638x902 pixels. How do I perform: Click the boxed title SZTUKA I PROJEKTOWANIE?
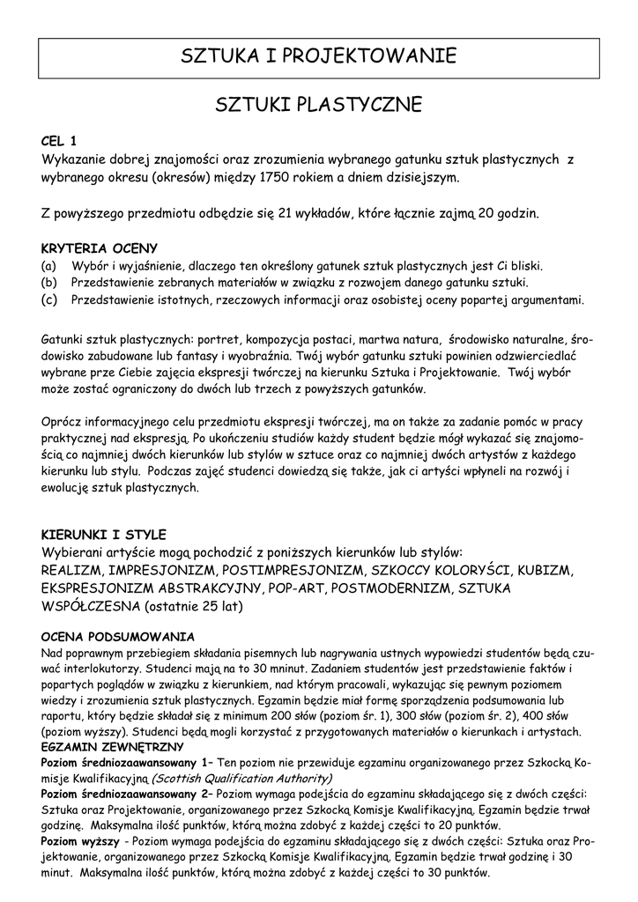point(318,57)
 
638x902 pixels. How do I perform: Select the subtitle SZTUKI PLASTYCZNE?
point(318,107)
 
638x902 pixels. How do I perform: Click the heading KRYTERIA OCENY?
point(100,248)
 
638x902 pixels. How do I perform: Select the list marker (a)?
point(49,265)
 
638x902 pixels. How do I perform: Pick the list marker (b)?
point(49,283)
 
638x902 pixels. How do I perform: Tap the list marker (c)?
point(49,299)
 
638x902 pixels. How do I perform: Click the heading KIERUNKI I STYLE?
point(104,535)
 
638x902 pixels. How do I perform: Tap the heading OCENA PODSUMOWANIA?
point(118,636)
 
